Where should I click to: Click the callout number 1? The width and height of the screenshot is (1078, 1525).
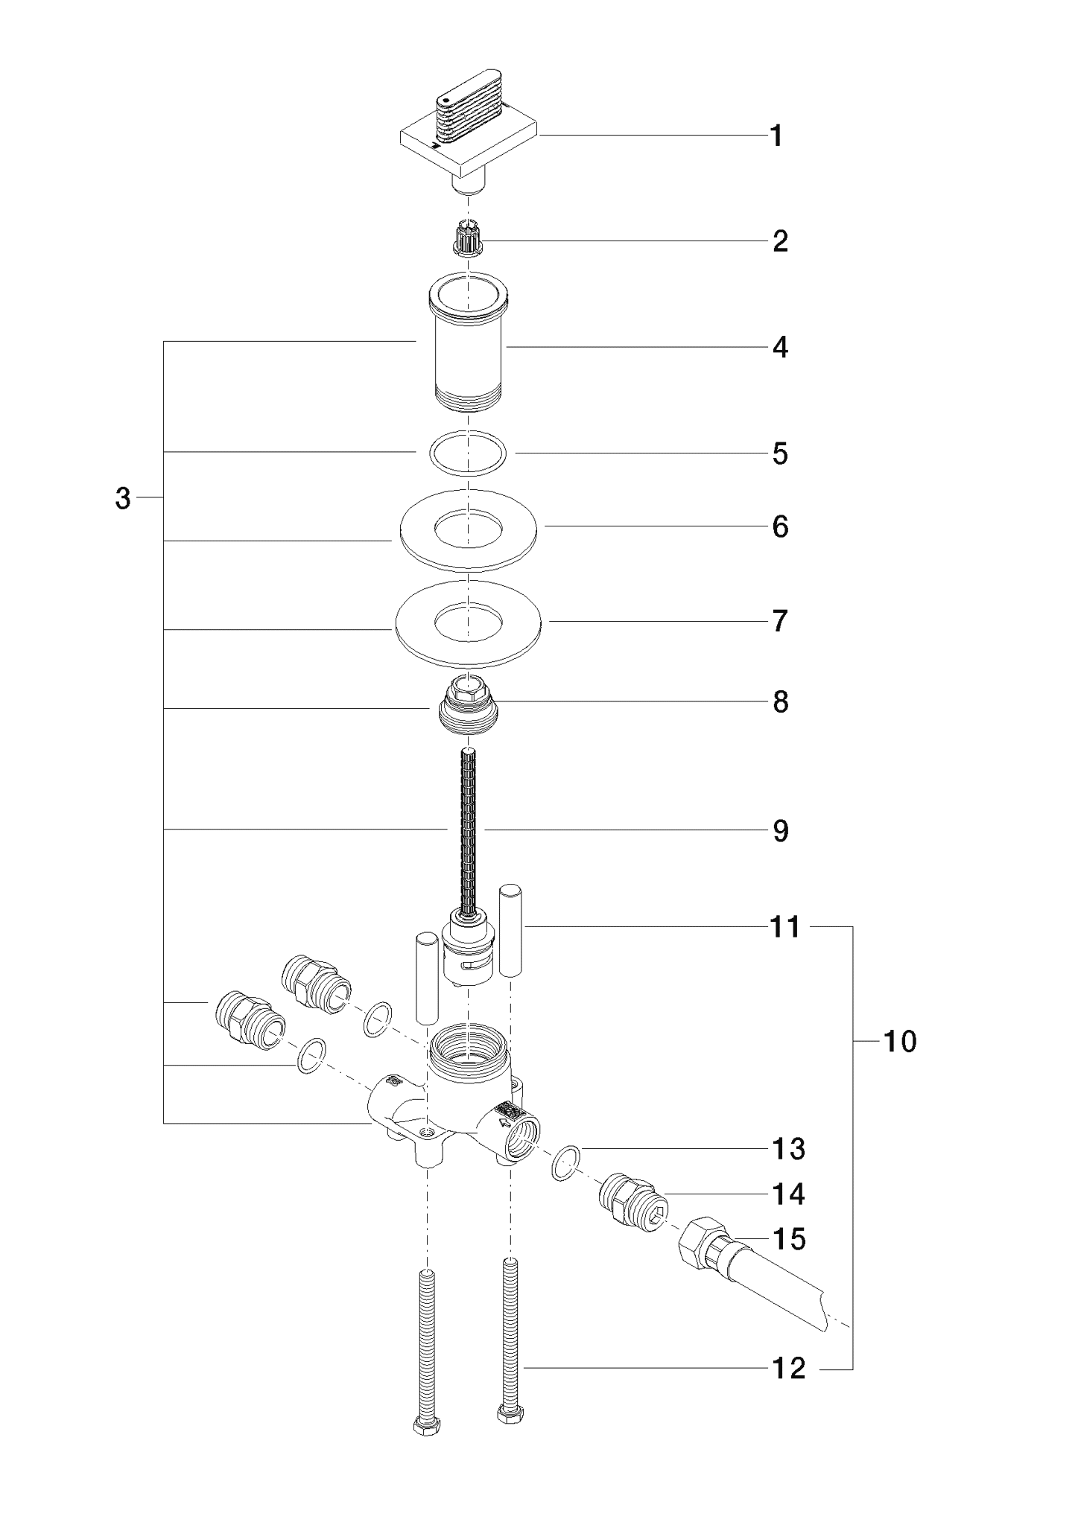coord(776,136)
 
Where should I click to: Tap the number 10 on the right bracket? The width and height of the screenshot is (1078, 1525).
coord(899,1041)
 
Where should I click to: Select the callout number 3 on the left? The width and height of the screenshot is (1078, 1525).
coord(123,498)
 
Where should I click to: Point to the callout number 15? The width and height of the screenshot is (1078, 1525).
coord(789,1239)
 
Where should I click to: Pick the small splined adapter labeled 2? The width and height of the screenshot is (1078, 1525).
coord(467,238)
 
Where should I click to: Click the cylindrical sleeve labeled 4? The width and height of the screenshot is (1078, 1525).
coord(468,340)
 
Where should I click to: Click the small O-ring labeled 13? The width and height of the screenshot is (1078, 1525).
coord(567,1163)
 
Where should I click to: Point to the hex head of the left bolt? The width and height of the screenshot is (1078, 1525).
coord(425,1424)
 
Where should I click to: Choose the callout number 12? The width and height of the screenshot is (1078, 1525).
coord(789,1369)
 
